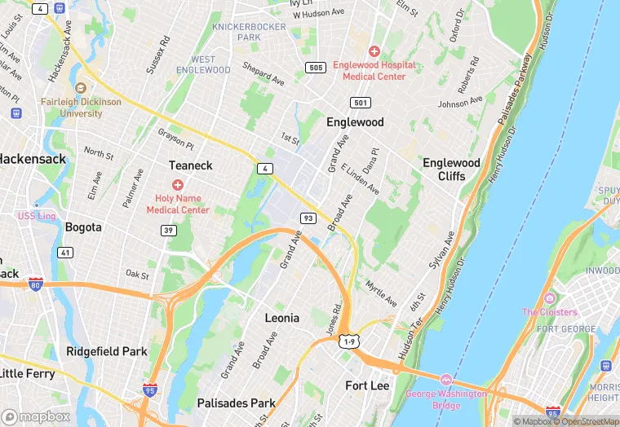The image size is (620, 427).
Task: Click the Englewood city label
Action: [x=355, y=122]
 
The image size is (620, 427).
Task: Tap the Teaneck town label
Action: [x=190, y=165]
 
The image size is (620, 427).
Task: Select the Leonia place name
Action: [x=282, y=318]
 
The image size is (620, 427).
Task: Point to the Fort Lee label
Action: [x=367, y=385]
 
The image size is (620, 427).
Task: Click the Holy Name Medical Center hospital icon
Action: [x=178, y=185]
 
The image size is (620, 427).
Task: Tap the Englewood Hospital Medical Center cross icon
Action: [x=374, y=51]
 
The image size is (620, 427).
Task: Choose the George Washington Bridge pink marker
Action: [x=445, y=381]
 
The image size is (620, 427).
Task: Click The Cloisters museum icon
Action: [x=549, y=298]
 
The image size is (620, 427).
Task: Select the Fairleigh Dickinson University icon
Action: [x=81, y=88]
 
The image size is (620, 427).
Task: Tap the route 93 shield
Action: [x=308, y=218]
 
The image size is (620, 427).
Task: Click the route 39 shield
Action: [x=169, y=231]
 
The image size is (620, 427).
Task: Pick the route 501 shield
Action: [x=361, y=103]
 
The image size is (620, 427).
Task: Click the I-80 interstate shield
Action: [x=36, y=284]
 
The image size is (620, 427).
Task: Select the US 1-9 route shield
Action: [x=349, y=342]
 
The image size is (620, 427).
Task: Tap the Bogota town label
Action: [x=83, y=227]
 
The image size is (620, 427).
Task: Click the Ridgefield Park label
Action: [x=107, y=351]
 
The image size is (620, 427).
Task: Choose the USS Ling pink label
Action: [x=37, y=216]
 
